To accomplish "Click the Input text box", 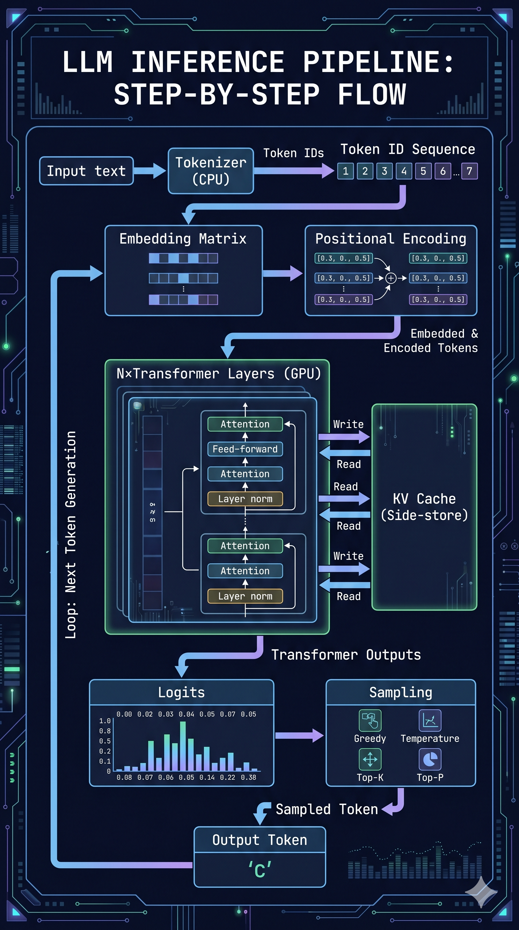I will (x=86, y=171).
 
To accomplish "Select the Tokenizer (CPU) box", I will (x=211, y=171).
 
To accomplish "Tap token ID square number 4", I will (x=404, y=171).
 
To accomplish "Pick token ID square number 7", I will (x=469, y=171).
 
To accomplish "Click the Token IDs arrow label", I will (x=293, y=153).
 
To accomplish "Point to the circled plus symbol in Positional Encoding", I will (x=391, y=278).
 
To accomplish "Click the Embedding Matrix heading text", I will (x=183, y=239).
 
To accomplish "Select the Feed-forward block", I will (x=245, y=449).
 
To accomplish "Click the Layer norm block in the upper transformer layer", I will (x=245, y=498).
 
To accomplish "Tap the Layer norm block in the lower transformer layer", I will (x=245, y=596).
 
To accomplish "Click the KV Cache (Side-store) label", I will (x=424, y=507).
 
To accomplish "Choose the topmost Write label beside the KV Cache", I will (x=348, y=424).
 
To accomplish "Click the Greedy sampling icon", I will (x=370, y=720).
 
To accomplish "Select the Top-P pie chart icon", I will (x=430, y=759).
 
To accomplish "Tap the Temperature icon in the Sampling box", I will (x=430, y=720).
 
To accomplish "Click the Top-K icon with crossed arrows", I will (x=370, y=759).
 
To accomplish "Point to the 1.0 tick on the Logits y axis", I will (x=105, y=720).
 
